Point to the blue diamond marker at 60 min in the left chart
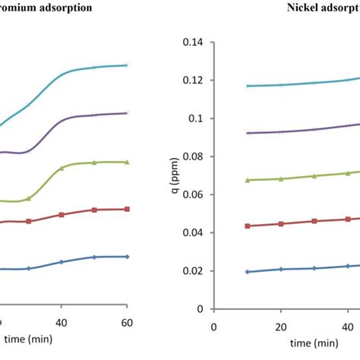click(127, 257)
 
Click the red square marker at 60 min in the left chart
click(127, 209)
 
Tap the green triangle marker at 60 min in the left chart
click(127, 162)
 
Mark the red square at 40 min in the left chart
click(62, 215)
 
